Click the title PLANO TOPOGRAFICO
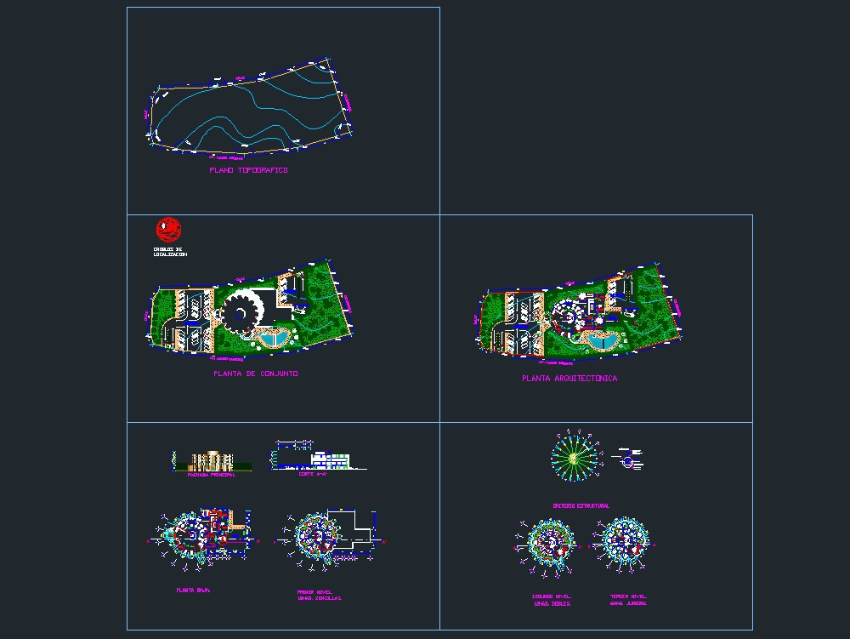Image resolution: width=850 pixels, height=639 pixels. [x=248, y=170]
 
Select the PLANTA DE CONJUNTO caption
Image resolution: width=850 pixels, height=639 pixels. [x=255, y=374]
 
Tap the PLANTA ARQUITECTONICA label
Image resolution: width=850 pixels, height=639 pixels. [x=569, y=378]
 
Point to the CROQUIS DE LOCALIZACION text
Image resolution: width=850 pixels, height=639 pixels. [x=170, y=252]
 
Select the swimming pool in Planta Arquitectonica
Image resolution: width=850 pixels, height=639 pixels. [x=603, y=342]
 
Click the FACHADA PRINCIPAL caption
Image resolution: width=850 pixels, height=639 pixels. [x=211, y=475]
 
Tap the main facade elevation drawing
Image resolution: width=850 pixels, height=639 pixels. [x=211, y=460]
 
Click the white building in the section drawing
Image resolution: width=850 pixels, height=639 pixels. [x=329, y=459]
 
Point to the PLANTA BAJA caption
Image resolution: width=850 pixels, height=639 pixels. [x=193, y=590]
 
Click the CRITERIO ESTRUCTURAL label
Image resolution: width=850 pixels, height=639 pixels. [x=581, y=505]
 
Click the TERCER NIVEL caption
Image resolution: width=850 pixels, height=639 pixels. [x=628, y=599]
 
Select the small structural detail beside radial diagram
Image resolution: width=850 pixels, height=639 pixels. [x=628, y=459]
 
